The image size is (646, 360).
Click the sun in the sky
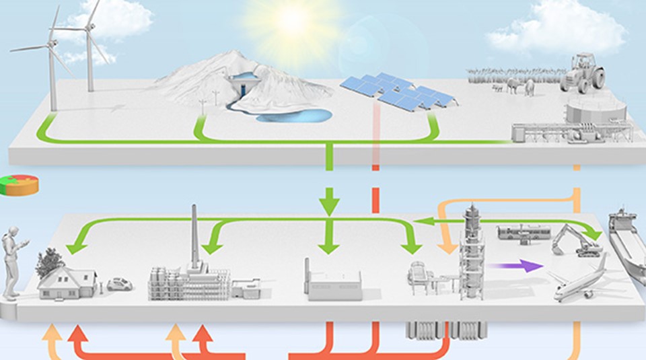click(x=293, y=22)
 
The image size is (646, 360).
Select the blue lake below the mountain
click(x=297, y=116)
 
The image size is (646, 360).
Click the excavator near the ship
click(x=577, y=241)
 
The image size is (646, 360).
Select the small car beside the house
click(x=120, y=285)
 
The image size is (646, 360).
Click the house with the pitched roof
click(x=67, y=281)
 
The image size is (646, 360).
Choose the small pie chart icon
click(x=19, y=185)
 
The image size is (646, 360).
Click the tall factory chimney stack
click(x=194, y=236)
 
